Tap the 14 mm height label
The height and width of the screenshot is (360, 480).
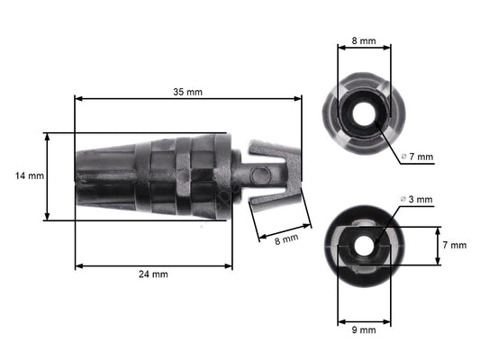click(29, 176)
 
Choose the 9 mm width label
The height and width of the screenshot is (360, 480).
click(364, 329)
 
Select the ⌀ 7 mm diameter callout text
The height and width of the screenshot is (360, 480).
click(416, 157)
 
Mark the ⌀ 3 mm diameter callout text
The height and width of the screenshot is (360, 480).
click(416, 199)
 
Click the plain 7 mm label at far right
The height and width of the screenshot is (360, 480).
click(456, 245)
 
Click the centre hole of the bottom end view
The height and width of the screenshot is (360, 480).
click(364, 244)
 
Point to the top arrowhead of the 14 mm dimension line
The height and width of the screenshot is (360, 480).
click(47, 136)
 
